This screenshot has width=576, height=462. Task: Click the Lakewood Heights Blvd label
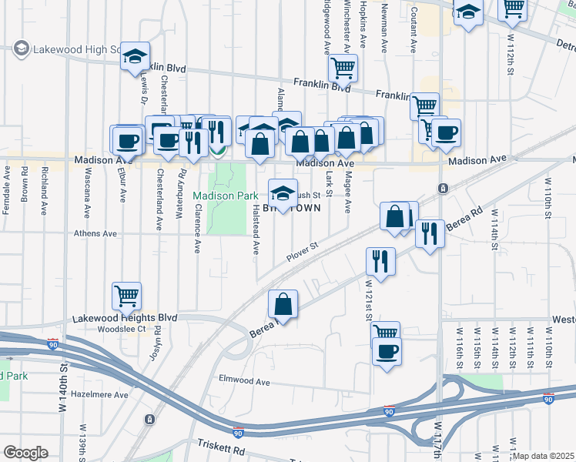pyautogui.click(x=125, y=318)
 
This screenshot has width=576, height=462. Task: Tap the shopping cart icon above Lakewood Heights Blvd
pyautogui.click(x=126, y=295)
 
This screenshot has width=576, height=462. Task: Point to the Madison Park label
pyautogui.click(x=225, y=196)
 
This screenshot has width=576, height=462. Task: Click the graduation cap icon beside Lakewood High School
pyautogui.click(x=135, y=55)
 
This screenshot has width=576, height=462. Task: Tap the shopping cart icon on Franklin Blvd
pyautogui.click(x=343, y=68)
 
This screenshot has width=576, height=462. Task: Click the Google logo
pyautogui.click(x=25, y=452)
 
